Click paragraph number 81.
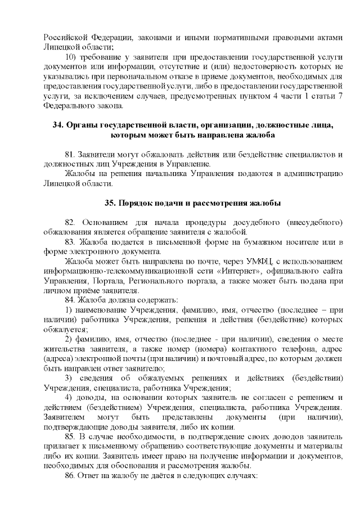coord(71,154)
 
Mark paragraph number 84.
coord(71,300)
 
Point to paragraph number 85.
coord(71,436)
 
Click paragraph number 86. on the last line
coord(71,475)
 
